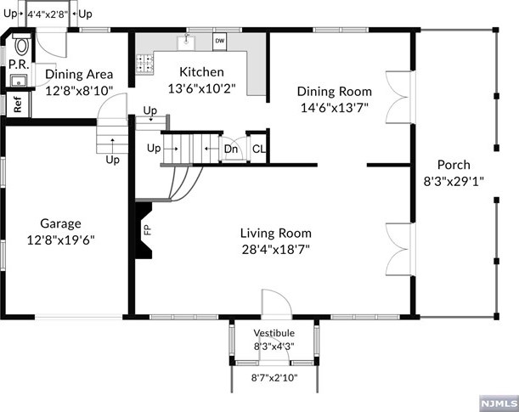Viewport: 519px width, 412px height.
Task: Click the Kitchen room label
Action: coord(201,72)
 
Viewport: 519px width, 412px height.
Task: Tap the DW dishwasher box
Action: coord(219,42)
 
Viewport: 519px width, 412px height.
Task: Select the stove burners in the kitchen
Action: coord(145,63)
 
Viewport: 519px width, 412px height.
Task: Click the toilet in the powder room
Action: coord(21,45)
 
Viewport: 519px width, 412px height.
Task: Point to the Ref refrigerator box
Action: coord(18,104)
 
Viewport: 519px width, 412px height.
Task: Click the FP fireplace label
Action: coord(148,229)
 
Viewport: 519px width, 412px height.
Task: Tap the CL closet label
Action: coord(259,149)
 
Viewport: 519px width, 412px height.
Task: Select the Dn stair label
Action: coord(231,149)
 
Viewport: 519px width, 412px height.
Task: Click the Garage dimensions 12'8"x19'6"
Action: coord(60,240)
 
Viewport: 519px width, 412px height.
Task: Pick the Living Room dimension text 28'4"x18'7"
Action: coord(276,249)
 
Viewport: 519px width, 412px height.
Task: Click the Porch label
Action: coord(454,165)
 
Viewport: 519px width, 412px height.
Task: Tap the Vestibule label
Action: coord(274,333)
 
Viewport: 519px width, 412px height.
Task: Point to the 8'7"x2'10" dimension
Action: coord(274,377)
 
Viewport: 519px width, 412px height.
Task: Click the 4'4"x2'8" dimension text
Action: coord(48,14)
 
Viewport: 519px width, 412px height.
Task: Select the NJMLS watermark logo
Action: coord(499,404)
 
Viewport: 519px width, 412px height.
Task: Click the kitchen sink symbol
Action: coord(186,42)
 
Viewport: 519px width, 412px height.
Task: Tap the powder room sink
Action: coord(19,81)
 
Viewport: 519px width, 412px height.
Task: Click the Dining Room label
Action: coord(335,92)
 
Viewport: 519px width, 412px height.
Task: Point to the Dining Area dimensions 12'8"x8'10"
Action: coord(79,90)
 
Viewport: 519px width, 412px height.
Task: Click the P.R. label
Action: coord(20,65)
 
